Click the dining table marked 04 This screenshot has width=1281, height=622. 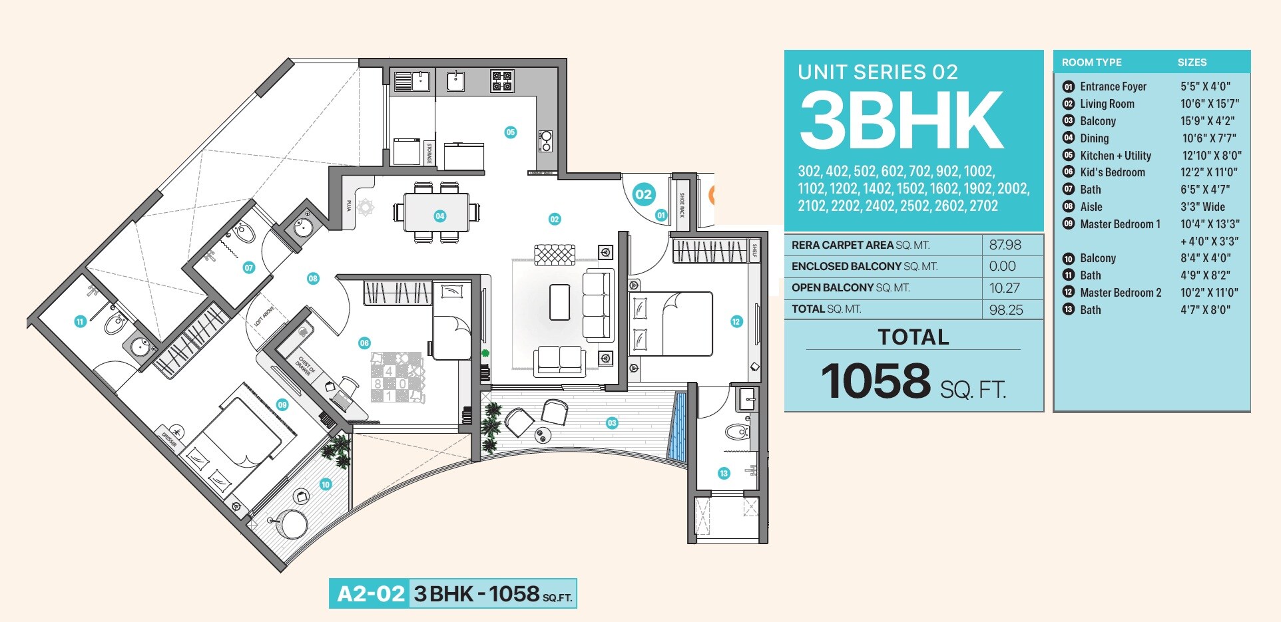(437, 212)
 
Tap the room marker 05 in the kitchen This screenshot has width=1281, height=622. (510, 132)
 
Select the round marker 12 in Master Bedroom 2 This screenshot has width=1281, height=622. (736, 322)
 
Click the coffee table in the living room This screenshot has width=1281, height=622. (559, 302)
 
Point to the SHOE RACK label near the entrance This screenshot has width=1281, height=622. (681, 205)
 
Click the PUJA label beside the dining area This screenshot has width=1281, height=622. (348, 206)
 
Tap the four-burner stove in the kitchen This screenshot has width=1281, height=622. (501, 81)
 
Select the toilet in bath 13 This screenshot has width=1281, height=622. (736, 433)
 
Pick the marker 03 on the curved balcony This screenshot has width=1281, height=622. (612, 422)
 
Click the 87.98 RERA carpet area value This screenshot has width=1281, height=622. (1005, 245)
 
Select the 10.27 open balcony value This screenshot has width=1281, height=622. (1005, 288)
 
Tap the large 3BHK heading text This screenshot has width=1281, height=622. (901, 122)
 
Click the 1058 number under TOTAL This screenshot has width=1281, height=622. (876, 381)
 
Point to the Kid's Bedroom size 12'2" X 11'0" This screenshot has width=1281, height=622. (1209, 172)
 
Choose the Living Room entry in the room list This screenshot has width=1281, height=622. (1107, 104)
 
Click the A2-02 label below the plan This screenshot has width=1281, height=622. (370, 593)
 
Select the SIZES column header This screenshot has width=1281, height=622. (1192, 63)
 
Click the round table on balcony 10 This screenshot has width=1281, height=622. (294, 522)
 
